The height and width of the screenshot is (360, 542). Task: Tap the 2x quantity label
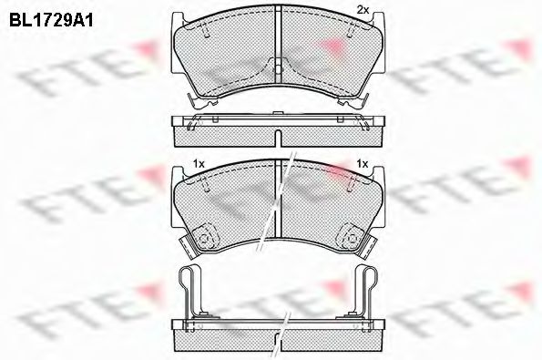pyautogui.click(x=361, y=9)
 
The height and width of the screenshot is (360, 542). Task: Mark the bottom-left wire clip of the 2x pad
pyautogui.click(x=191, y=102)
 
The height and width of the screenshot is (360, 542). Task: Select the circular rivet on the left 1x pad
pyautogui.click(x=205, y=239)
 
